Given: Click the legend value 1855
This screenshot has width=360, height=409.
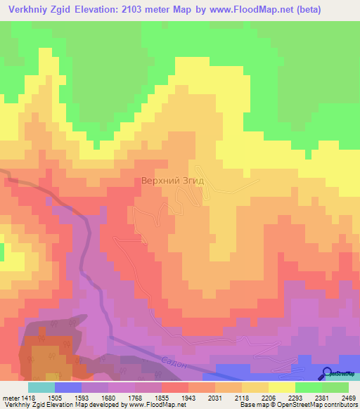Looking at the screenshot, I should point(162,397).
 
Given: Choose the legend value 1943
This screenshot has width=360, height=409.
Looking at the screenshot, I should point(188,397).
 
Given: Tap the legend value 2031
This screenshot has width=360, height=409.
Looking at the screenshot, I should point(215,397).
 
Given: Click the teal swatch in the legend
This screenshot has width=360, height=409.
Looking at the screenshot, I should point(41,387).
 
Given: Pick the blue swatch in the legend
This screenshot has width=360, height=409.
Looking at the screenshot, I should point(68,387).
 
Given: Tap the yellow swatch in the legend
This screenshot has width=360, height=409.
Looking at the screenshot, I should point(281,387).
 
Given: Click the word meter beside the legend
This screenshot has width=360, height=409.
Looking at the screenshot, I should point(9,397).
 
